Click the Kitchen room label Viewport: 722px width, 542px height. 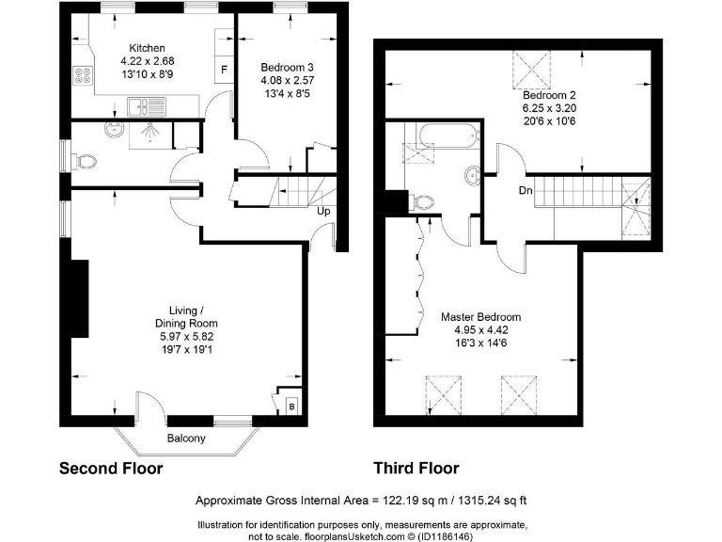pos(148,48)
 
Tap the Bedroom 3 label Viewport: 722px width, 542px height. pos(282,67)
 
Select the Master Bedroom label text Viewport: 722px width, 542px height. pos(480,317)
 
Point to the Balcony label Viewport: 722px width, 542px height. pos(186,438)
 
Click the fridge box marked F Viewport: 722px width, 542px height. pos(224,71)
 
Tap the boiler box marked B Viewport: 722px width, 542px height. pos(290,406)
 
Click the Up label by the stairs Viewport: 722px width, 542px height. pos(323,212)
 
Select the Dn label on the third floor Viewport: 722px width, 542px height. pos(525,191)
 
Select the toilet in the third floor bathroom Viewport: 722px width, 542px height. pos(424,200)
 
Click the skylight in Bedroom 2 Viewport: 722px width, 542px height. pos(529,68)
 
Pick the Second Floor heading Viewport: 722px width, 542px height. pos(111,469)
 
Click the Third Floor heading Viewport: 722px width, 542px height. pos(416,469)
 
